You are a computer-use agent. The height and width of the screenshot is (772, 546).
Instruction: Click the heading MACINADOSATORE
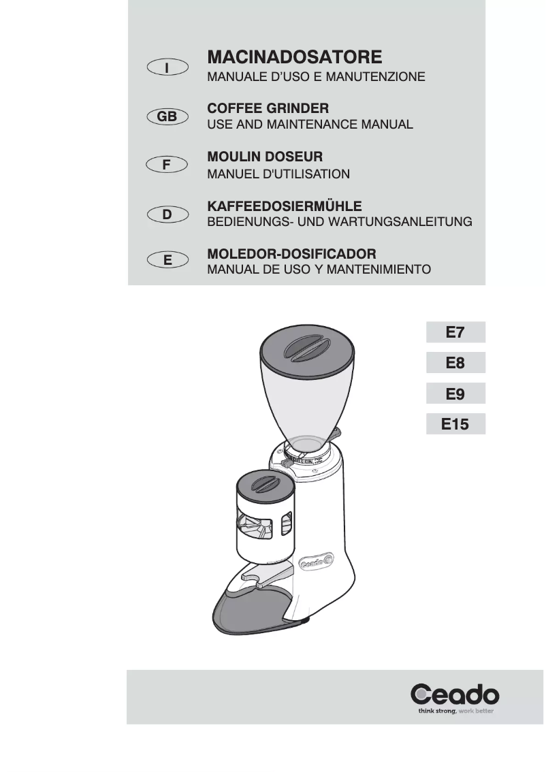point(294,56)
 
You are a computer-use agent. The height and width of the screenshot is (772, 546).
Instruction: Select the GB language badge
point(167,117)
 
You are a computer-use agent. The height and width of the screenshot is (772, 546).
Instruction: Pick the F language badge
point(167,165)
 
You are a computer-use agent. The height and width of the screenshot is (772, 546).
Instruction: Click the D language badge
point(167,215)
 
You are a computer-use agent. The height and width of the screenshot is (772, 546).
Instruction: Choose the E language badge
point(167,260)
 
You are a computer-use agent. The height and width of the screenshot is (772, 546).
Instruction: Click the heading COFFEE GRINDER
point(268,108)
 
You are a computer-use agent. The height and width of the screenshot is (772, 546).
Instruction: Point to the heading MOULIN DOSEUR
point(264,157)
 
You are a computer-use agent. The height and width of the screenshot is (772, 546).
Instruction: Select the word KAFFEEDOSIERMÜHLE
point(284,206)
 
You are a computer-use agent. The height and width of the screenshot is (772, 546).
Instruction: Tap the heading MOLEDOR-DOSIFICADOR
point(291,253)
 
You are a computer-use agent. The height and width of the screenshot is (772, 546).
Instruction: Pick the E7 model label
point(455,333)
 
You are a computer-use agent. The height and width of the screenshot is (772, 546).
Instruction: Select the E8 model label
point(455,364)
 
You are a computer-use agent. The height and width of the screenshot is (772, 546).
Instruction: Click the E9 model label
point(455,393)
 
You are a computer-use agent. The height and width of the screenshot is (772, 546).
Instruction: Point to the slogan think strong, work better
point(455,711)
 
